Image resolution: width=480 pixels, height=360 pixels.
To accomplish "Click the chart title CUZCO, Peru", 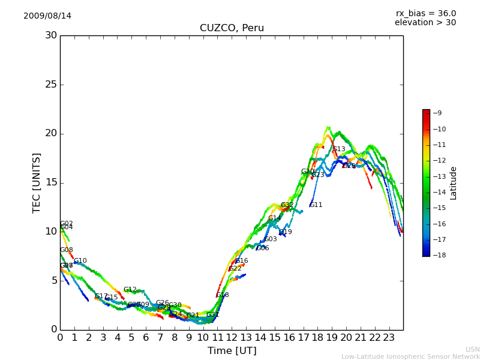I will pos(232,28).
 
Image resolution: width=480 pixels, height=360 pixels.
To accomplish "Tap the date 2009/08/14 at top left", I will pos(47,16).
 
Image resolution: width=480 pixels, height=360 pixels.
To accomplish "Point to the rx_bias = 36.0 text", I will pos(425,13).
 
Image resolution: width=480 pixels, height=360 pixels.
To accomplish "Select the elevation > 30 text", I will pos(425,23).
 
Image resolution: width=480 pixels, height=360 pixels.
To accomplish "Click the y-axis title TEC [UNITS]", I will pos(37,182).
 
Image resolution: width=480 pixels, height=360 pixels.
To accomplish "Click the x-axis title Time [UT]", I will pos(232,350).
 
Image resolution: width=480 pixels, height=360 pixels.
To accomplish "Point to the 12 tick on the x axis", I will pos(232,338).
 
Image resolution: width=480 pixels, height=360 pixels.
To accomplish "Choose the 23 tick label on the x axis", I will pos(389,338).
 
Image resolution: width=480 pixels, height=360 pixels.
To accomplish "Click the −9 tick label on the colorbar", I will pos(437,113).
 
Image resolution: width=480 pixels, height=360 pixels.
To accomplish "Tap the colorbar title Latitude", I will pos(454,182).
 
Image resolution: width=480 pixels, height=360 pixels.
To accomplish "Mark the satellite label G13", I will pos(339,149).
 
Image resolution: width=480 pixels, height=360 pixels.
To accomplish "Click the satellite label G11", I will pos(316,205).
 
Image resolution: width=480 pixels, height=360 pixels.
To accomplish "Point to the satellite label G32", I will pos(287,205).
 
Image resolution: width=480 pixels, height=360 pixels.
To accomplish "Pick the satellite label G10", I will pos(80,261).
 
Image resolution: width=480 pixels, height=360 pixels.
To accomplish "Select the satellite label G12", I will pos(130,290).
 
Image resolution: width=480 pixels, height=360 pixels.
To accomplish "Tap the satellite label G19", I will pos(286,232).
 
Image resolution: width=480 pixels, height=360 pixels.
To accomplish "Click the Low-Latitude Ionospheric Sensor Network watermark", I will pos(410,357).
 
